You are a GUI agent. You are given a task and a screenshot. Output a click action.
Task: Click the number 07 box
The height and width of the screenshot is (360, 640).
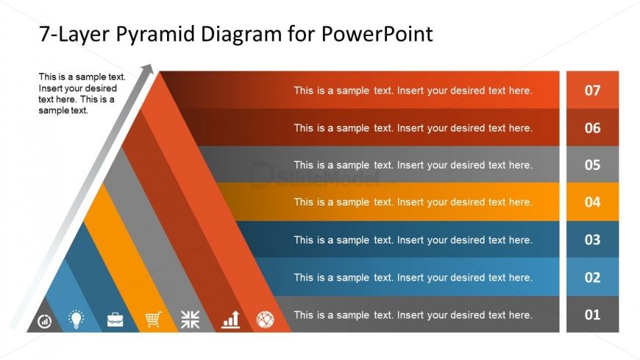point(592,91)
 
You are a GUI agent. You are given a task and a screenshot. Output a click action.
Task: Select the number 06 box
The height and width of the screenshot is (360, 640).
point(592,128)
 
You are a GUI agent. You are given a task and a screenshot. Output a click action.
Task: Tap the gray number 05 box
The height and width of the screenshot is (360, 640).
point(592,165)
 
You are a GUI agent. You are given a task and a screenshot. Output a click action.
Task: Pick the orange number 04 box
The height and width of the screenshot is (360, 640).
point(592,202)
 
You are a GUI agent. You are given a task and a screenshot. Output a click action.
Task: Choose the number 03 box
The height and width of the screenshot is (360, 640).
point(592,240)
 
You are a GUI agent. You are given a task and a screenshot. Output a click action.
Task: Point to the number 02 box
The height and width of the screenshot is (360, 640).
point(592,278)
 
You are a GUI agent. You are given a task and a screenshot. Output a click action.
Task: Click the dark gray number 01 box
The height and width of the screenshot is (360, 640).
point(592,315)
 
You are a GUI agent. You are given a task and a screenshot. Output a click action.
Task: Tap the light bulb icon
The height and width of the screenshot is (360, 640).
point(77,319)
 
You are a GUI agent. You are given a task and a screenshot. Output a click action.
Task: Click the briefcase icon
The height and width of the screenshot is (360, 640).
point(115,320)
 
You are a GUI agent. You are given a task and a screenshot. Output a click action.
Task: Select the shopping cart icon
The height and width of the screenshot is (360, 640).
point(153,319)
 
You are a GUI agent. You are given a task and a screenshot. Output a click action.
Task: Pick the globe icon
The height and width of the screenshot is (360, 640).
point(265,320)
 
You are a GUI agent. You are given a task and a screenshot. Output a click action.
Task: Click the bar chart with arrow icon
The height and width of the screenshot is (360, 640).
point(231,319)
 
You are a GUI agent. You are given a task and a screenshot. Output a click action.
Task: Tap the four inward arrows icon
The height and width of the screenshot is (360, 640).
point(191,319)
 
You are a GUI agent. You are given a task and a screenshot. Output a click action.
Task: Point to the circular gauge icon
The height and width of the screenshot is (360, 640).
point(45,321)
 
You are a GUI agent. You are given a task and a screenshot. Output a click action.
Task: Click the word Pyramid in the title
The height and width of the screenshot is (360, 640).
point(152,34)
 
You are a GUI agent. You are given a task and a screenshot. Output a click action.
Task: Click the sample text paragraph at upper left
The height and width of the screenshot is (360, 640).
point(82,93)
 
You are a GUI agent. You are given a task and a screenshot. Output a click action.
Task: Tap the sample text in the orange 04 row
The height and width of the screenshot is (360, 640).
point(413,202)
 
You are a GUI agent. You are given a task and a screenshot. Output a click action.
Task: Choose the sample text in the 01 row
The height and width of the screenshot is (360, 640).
point(413,315)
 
